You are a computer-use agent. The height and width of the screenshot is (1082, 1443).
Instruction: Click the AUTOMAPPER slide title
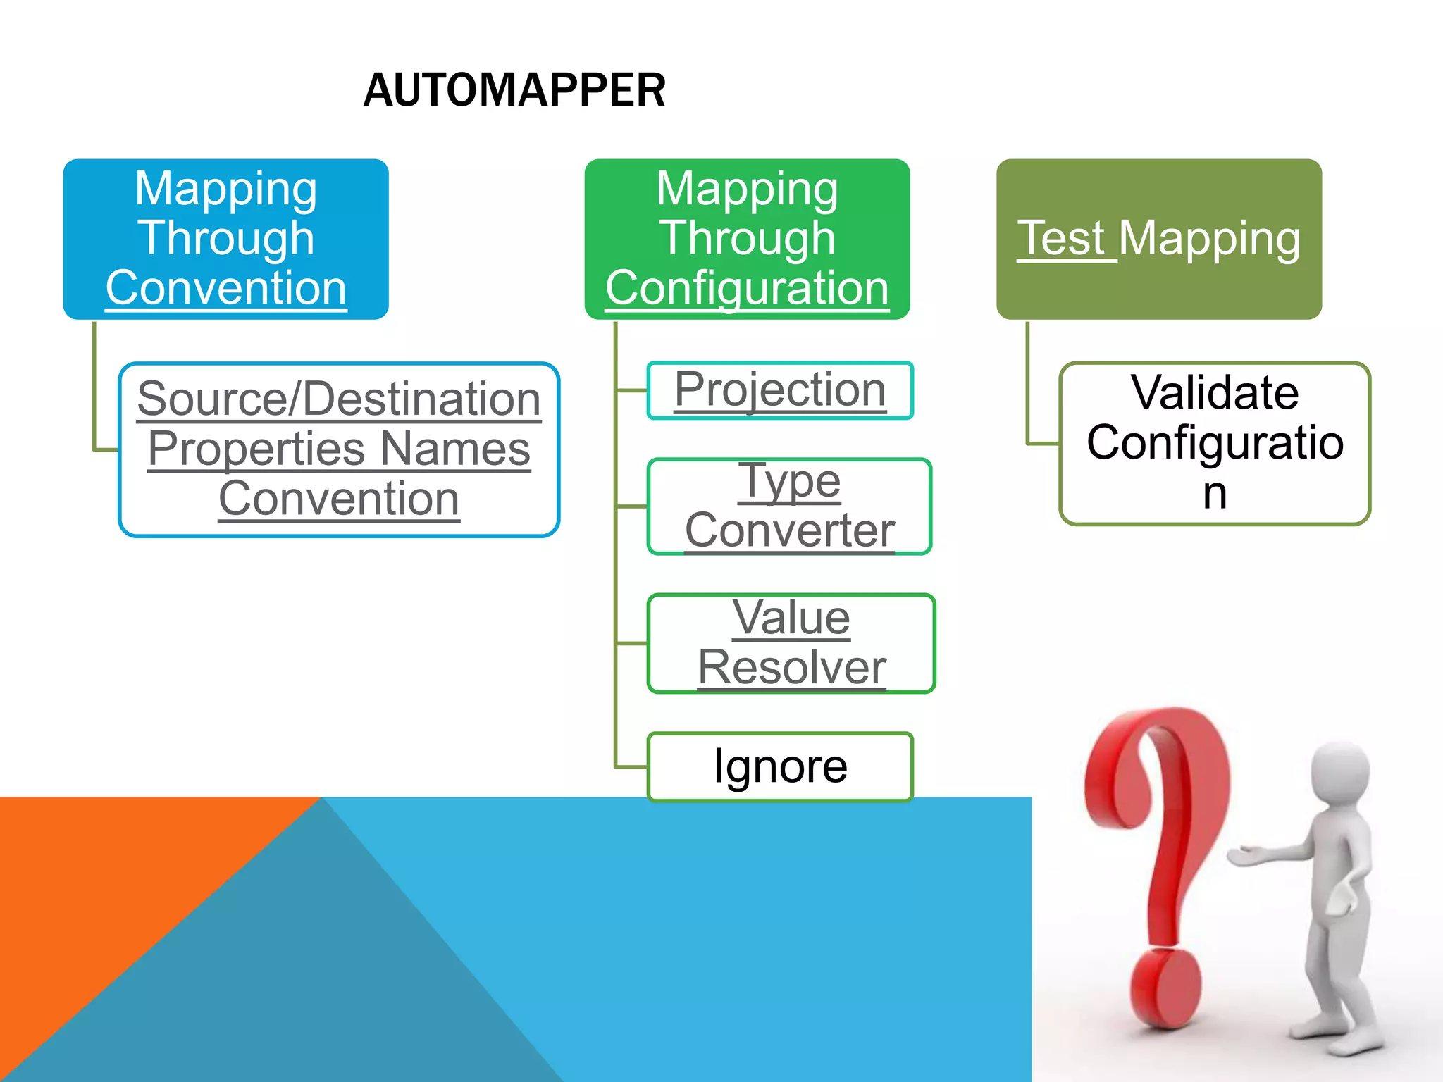[514, 90]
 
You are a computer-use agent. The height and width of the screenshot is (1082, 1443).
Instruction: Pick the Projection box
[780, 390]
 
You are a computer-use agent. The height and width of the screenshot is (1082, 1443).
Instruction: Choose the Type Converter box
[789, 506]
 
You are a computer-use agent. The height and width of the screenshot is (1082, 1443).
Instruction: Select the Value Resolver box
[791, 642]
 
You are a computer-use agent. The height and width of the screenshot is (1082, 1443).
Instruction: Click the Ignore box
[780, 766]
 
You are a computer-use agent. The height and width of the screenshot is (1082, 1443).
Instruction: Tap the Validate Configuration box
[1214, 442]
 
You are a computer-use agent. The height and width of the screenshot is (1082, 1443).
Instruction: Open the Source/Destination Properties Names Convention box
[339, 449]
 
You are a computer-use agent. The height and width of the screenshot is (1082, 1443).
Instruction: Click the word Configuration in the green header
[747, 288]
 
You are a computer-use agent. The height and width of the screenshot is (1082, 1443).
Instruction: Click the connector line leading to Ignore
[631, 766]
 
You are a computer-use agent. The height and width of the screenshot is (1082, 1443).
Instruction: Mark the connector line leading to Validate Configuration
[1041, 444]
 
